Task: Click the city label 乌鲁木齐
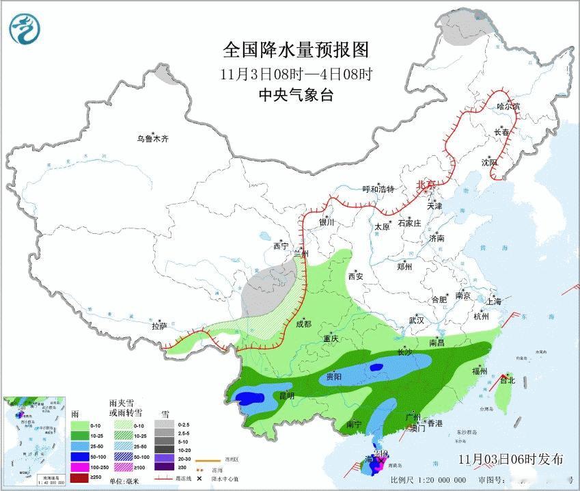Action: click(152, 140)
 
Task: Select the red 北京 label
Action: click(426, 185)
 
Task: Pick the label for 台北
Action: click(506, 380)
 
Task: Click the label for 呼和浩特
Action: click(378, 189)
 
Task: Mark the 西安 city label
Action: click(356, 277)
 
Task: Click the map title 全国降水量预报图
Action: click(295, 50)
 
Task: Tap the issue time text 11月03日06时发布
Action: click(511, 459)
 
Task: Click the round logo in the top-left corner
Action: click(25, 29)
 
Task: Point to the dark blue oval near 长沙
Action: click(375, 367)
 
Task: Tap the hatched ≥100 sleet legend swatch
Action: click(121, 466)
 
